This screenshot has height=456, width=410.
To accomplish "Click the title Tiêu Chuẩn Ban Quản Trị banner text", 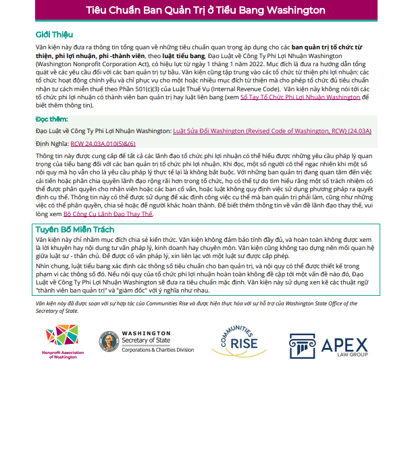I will pyautogui.click(x=205, y=11).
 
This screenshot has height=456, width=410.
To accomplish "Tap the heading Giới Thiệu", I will pyautogui.click(x=54, y=35).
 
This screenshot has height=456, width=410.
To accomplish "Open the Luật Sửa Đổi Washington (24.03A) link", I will pyautogui.click(x=272, y=130).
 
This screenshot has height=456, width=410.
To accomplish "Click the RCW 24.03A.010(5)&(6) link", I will pyautogui.click(x=103, y=144).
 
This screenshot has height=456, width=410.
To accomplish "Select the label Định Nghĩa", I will pyautogui.click(x=52, y=144).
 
